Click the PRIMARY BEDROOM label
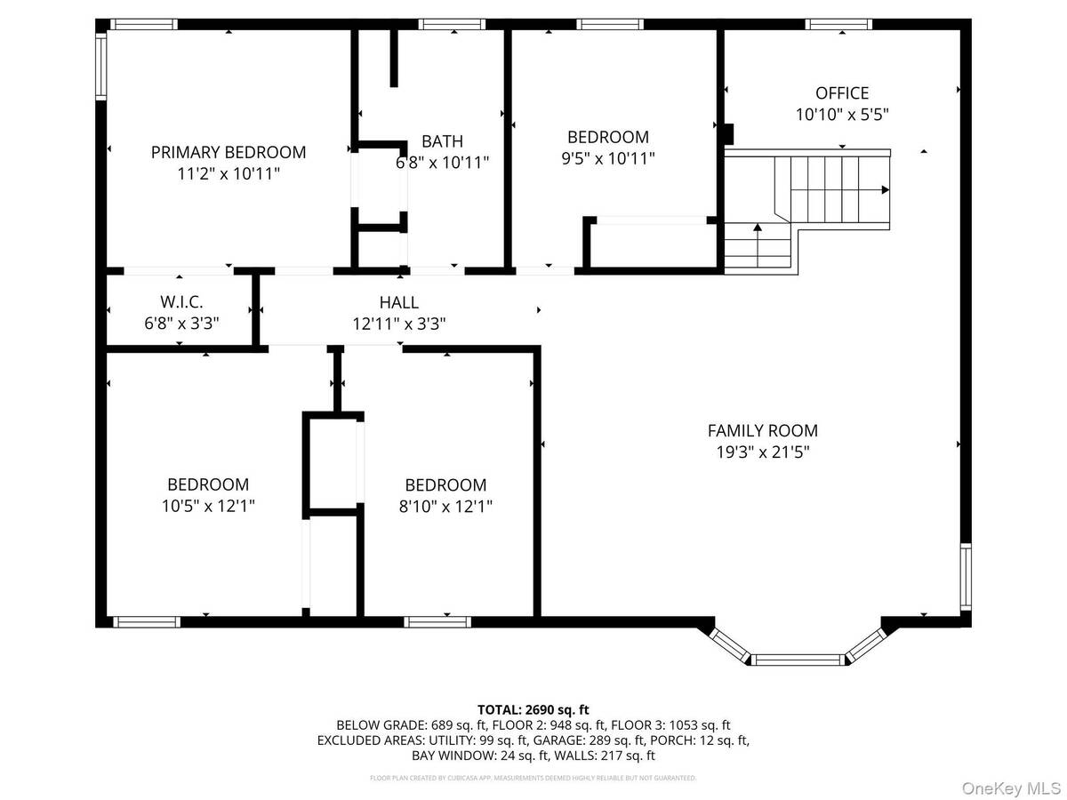point(229,152)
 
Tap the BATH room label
point(442,140)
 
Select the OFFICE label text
point(842,92)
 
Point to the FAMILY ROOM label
point(762,430)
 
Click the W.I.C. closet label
point(181,301)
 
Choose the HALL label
point(397,302)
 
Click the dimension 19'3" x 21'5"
point(762,452)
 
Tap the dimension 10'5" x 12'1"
point(208,506)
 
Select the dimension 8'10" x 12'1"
point(445,506)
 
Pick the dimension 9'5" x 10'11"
point(608,158)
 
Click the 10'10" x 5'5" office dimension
point(842,114)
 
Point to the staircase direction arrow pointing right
point(885,189)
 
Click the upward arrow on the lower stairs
point(757,228)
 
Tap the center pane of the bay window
point(798,659)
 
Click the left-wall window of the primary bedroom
point(101,66)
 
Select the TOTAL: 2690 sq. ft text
point(533,709)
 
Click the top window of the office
point(838,24)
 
